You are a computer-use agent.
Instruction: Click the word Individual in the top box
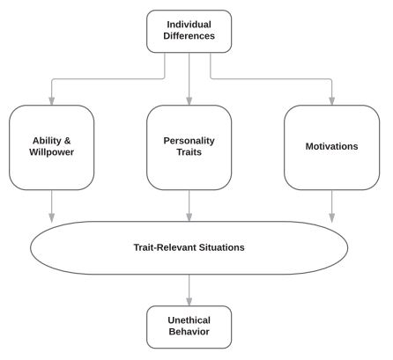[189, 25]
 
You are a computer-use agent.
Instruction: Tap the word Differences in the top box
[189, 36]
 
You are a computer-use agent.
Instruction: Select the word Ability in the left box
[48, 141]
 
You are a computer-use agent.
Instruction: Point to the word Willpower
[52, 152]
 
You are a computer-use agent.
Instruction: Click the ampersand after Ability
[67, 141]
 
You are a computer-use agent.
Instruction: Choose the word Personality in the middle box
[189, 141]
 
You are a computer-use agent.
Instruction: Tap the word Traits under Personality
[189, 152]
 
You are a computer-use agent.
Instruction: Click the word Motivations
[331, 146]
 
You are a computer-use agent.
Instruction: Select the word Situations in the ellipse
[222, 247]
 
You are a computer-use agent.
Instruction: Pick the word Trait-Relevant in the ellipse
[165, 247]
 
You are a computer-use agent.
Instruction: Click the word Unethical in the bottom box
[189, 320]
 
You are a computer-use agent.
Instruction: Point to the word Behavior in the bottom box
[189, 332]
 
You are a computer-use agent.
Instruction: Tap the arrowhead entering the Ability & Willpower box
[52, 101]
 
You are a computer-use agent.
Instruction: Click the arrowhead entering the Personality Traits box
[189, 101]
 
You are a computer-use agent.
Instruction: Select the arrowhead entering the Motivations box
[332, 101]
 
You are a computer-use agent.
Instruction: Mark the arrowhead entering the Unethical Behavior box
[189, 302]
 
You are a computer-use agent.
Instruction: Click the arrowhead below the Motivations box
[332, 218]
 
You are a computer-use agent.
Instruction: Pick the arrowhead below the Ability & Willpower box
[52, 218]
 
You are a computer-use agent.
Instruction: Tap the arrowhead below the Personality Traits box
[189, 217]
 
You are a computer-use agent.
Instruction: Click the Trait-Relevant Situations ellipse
[189, 222]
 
